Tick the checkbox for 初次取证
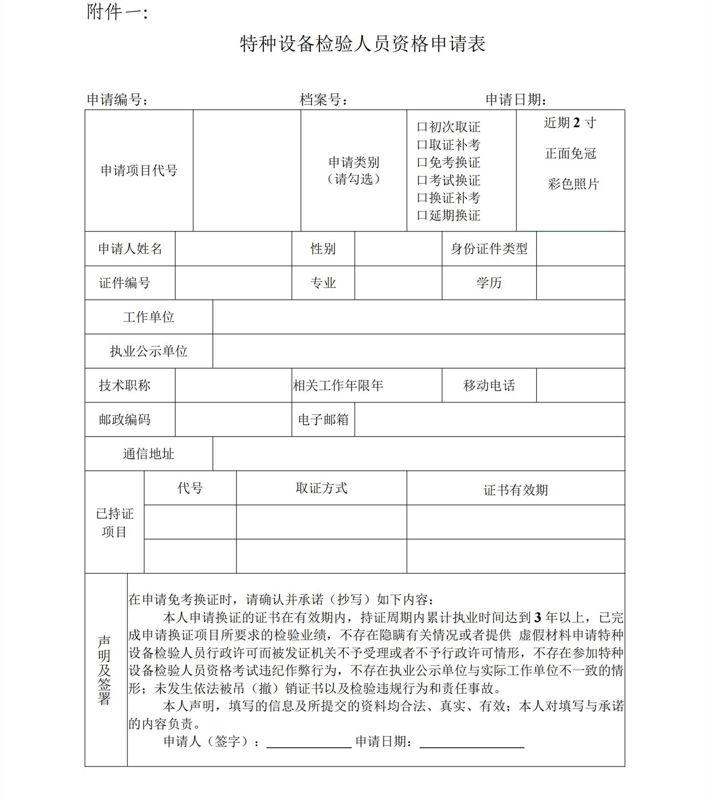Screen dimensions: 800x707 pyautogui.click(x=422, y=127)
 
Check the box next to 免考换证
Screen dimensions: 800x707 pyautogui.click(x=422, y=162)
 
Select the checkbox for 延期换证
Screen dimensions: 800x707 pyautogui.click(x=422, y=215)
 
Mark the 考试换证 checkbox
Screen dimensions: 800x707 pyautogui.click(x=422, y=180)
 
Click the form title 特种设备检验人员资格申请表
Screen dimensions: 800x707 pyautogui.click(x=362, y=44)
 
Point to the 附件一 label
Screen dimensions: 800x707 pyautogui.click(x=117, y=12)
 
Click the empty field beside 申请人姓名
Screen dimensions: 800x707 pyautogui.click(x=233, y=249)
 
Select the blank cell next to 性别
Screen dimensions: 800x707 pyautogui.click(x=398, y=249)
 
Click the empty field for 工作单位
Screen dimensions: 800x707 pyautogui.click(x=418, y=317)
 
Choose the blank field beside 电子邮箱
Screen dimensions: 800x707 pyautogui.click(x=489, y=420)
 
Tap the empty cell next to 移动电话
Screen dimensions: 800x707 pyautogui.click(x=580, y=385)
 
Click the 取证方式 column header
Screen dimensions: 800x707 pyautogui.click(x=321, y=488)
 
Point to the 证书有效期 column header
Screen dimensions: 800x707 pyautogui.click(x=516, y=490)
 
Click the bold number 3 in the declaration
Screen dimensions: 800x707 pyautogui.click(x=538, y=618)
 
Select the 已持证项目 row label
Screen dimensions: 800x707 pyautogui.click(x=115, y=522)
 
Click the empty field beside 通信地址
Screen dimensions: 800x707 pyautogui.click(x=418, y=454)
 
